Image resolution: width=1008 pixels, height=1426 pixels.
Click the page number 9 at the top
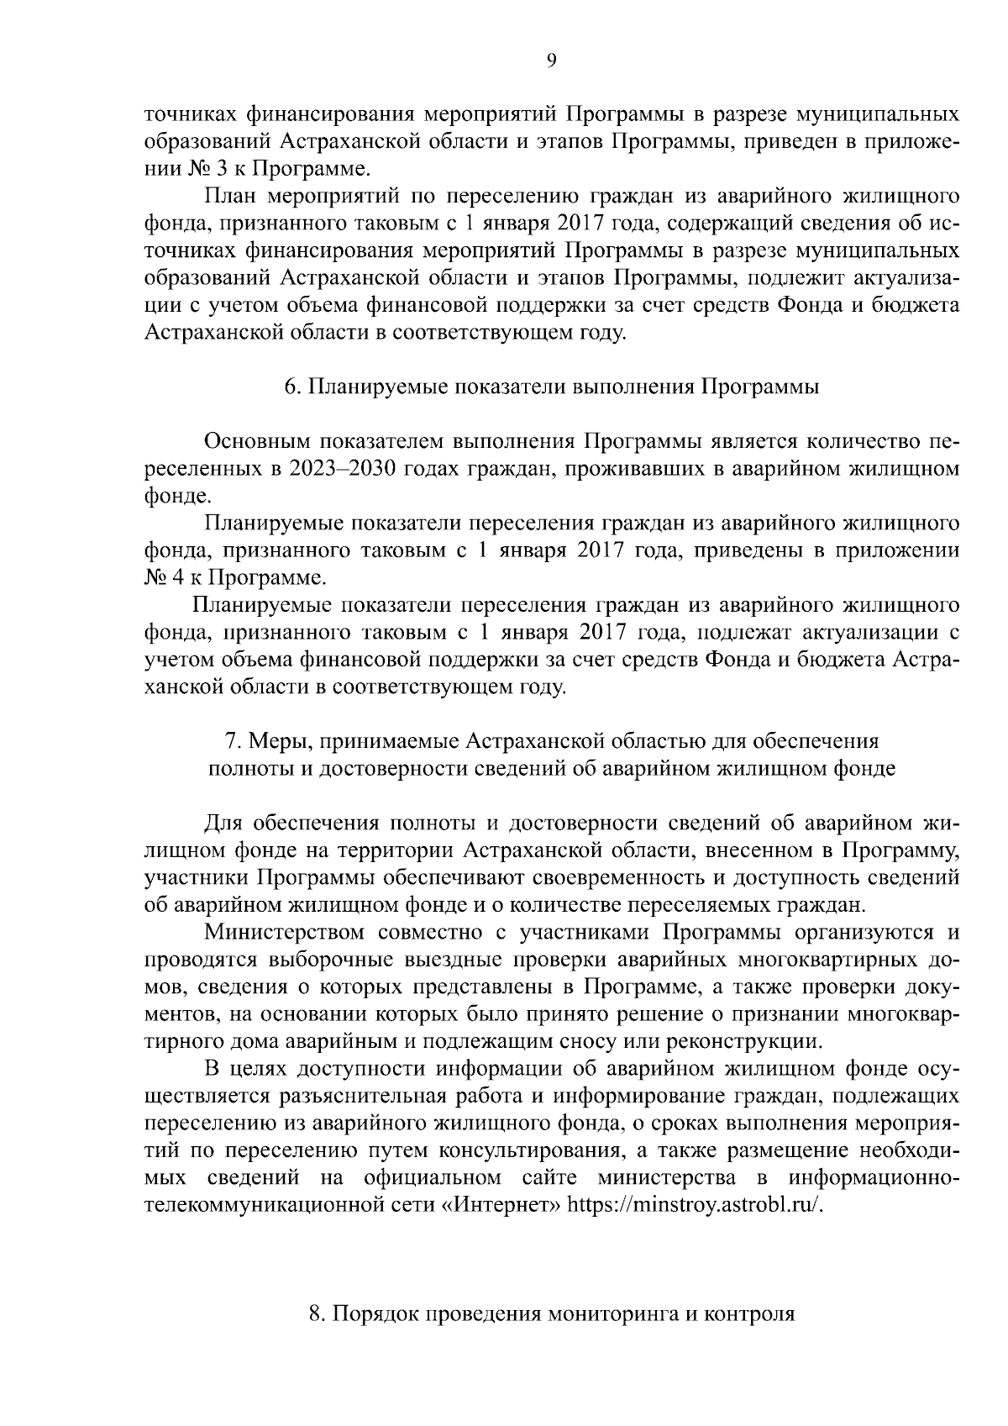tap(550, 59)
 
